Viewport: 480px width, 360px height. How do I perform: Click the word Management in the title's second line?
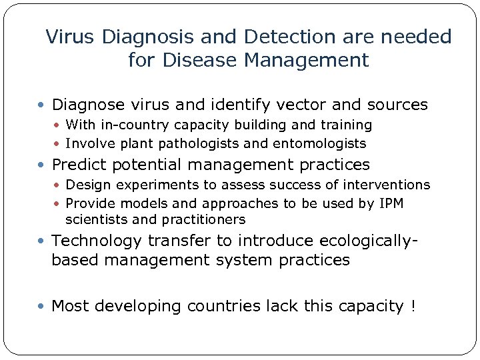point(306,61)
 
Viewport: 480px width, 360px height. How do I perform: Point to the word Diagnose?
point(87,105)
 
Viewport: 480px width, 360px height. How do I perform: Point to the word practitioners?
point(204,219)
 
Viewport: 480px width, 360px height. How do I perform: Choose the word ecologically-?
point(360,240)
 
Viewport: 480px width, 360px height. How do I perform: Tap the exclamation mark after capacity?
point(413,306)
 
